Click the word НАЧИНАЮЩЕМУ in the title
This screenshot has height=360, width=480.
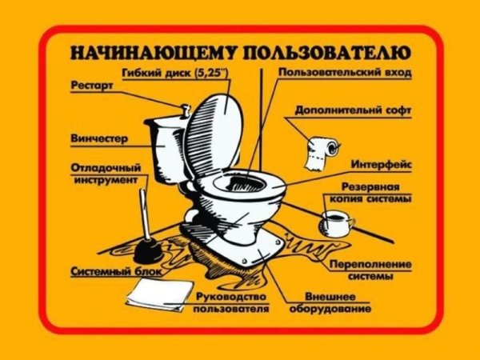pyautogui.click(x=147, y=54)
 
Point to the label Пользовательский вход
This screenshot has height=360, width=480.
pyautogui.click(x=345, y=73)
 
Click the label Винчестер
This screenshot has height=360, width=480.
pyautogui.click(x=99, y=138)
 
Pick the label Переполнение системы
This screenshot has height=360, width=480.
pyautogui.click(x=370, y=270)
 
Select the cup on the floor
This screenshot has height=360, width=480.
pyautogui.click(x=335, y=223)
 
